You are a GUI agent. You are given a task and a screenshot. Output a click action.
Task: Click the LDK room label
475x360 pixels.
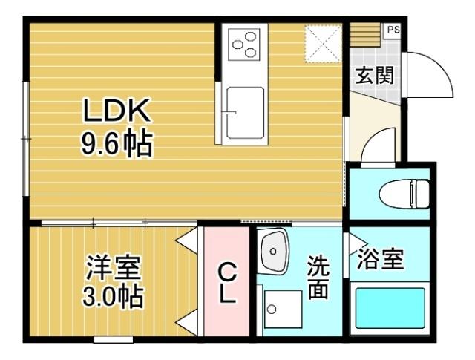117,112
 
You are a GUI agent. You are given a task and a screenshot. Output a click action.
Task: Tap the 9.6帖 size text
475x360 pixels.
117,143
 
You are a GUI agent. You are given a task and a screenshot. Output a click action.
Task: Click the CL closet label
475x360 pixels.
226,284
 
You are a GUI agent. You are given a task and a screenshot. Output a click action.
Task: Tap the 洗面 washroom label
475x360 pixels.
318,278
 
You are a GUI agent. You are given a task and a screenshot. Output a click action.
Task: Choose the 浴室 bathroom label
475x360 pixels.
380,260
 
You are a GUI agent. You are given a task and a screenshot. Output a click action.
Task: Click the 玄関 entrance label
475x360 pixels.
373,76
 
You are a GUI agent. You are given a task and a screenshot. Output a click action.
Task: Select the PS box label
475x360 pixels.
392,30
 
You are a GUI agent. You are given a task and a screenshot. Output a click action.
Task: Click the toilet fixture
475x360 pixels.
404,195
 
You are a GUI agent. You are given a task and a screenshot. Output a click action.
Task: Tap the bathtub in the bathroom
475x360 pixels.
390,310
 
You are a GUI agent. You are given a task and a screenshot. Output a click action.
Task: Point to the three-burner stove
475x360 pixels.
244,45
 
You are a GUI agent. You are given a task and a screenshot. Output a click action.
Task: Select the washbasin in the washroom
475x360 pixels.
275,251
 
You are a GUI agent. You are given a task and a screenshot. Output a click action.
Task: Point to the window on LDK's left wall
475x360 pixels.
26,138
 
